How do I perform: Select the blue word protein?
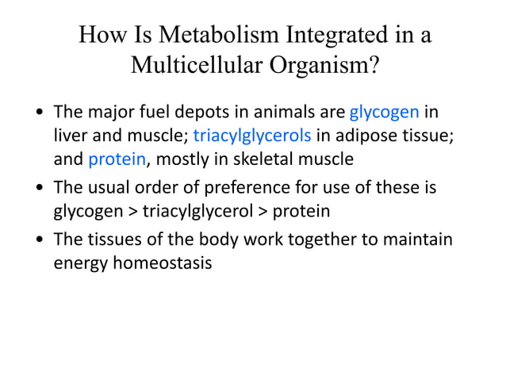(117, 159)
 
